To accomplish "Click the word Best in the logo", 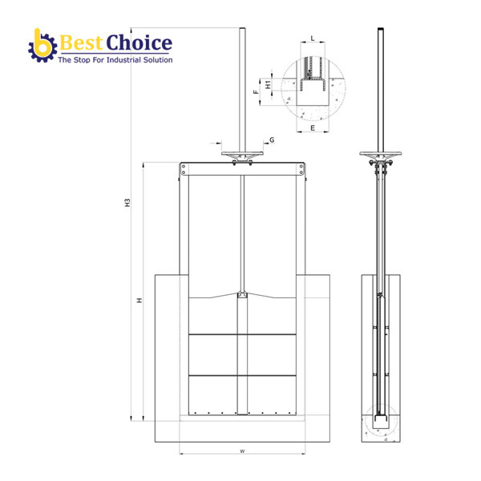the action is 81,42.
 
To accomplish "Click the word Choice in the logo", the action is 139,42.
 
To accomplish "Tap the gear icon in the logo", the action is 42,46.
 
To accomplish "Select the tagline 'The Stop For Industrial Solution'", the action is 115,60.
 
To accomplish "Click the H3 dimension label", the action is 127,203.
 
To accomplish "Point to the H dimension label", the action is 139,300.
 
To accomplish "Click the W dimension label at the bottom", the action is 242,451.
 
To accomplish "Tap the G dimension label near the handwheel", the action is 272,139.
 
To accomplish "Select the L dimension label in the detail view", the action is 313,38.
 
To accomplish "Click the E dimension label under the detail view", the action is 313,128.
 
